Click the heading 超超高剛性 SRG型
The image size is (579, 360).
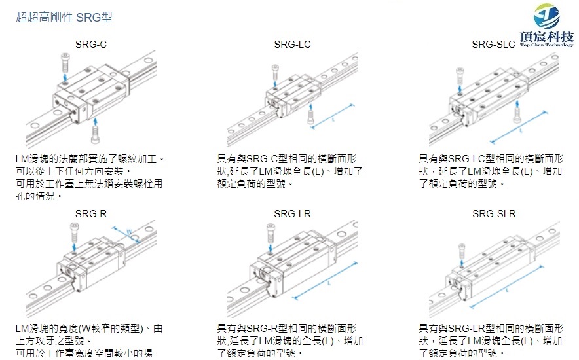tap(64, 17)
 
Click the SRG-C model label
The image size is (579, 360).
tap(91, 45)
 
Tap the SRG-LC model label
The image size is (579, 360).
tap(292, 45)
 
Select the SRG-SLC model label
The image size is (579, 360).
tap(493, 45)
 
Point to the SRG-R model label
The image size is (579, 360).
tap(91, 213)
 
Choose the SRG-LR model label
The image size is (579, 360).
tap(292, 213)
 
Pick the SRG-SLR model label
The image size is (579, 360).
tap(494, 213)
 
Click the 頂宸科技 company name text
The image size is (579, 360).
tap(547, 37)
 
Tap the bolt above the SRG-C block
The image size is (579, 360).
tap(65, 63)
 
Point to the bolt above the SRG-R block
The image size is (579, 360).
tap(74, 230)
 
